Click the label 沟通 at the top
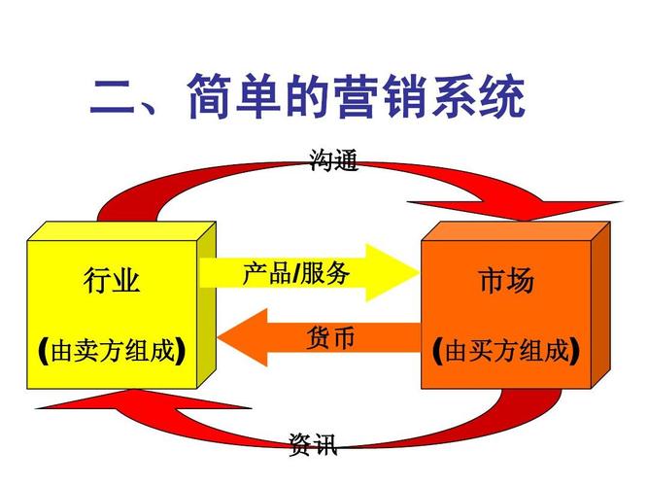[333, 159]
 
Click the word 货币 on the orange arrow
[330, 337]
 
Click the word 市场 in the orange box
[506, 282]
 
